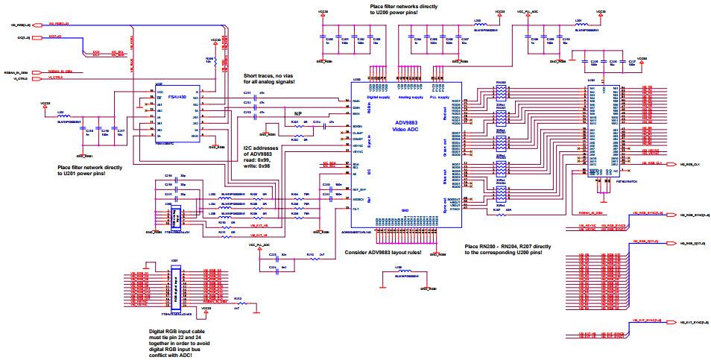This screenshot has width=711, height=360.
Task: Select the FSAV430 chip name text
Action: [x=179, y=95]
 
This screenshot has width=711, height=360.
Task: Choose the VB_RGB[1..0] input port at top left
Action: [x=16, y=24]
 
